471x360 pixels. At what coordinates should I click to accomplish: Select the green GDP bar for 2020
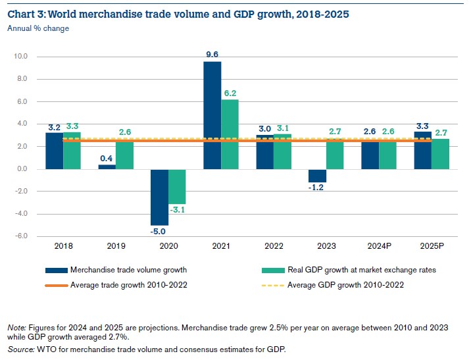[178, 186]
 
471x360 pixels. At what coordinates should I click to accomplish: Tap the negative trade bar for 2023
[317, 176]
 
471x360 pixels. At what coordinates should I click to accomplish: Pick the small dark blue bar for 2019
[107, 167]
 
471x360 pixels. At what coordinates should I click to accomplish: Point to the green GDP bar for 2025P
[440, 153]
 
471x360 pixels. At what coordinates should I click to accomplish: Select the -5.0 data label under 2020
[159, 232]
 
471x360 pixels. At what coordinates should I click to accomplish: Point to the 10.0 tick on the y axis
[20, 57]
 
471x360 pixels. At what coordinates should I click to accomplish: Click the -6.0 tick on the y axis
[20, 236]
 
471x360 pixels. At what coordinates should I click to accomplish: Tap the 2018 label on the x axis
[63, 246]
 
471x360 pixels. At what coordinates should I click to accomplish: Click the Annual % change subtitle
[37, 28]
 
